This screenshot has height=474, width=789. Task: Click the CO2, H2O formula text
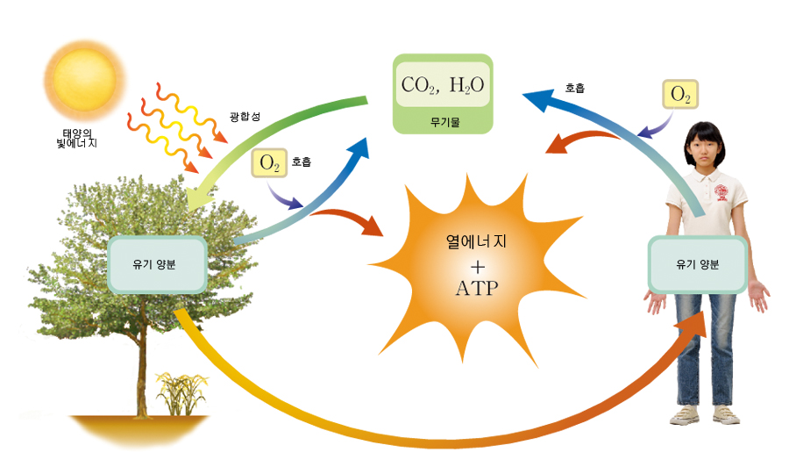click(443, 85)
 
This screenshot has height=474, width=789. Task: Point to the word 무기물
click(443, 120)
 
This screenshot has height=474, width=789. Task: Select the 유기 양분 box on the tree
click(157, 264)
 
